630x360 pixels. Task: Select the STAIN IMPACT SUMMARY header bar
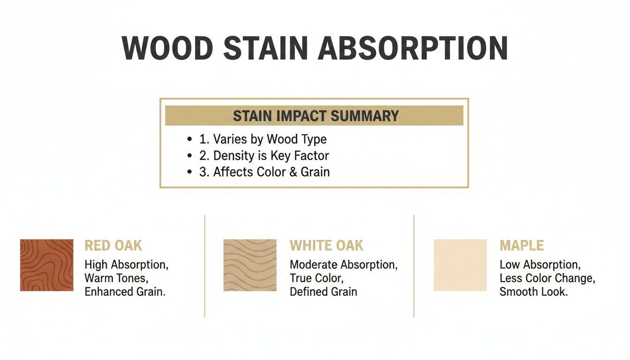pos(314,115)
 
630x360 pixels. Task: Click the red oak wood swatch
pos(46,265)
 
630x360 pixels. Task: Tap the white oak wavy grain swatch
pos(250,265)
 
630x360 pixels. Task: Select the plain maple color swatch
pos(460,265)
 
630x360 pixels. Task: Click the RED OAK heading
pos(113,245)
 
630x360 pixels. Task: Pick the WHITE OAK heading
pos(326,245)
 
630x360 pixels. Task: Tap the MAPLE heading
pos(521,245)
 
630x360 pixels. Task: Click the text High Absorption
pos(126,264)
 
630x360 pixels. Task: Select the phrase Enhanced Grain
pos(125,292)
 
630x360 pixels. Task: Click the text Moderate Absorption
pos(344,264)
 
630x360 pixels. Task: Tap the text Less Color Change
pos(547,278)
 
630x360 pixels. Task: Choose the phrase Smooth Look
pos(533,292)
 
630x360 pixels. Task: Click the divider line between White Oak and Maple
pos(414,266)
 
